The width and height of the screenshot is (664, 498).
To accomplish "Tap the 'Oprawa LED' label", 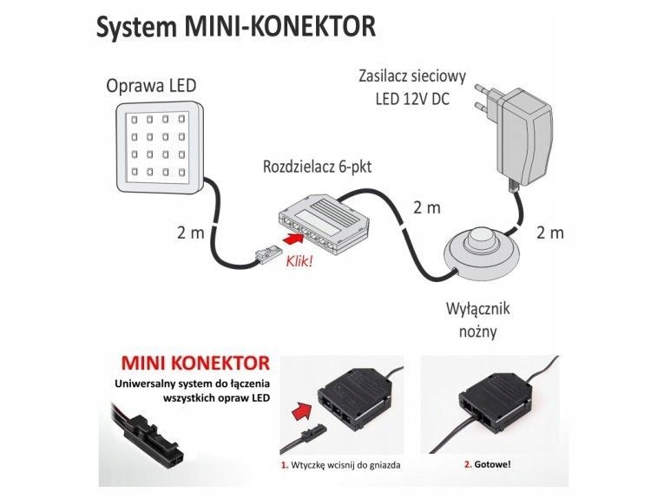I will click(x=151, y=86).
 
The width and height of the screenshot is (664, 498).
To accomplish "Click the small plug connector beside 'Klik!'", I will click(x=264, y=255).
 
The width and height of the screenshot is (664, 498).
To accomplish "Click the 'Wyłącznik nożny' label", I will click(x=475, y=320).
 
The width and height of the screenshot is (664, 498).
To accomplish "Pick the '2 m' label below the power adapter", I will click(x=549, y=233).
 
